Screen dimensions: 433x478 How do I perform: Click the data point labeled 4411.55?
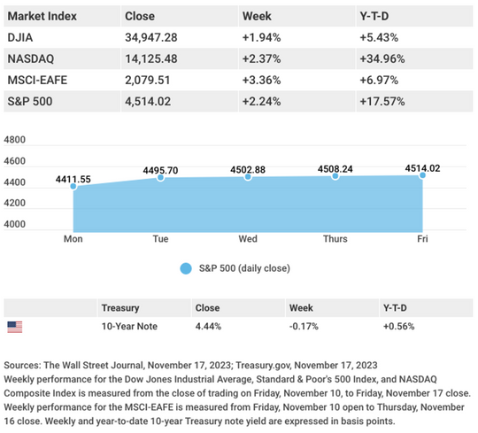pyautogui.click(x=74, y=186)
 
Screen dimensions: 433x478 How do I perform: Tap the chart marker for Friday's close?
pyautogui.click(x=421, y=175)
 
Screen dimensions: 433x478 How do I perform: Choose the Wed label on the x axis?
pyautogui.click(x=247, y=239)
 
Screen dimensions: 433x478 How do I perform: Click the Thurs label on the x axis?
pyautogui.click(x=335, y=239)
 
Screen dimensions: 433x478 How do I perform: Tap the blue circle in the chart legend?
pyautogui.click(x=185, y=268)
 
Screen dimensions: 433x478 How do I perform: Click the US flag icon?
pyautogui.click(x=15, y=327)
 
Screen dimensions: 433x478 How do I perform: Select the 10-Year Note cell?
pyautogui.click(x=130, y=327)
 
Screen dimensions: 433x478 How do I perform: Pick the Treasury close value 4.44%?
pyautogui.click(x=208, y=327)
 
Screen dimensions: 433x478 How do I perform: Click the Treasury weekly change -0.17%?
pyautogui.click(x=302, y=327)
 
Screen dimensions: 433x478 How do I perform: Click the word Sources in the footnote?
pyautogui.click(x=24, y=365)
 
